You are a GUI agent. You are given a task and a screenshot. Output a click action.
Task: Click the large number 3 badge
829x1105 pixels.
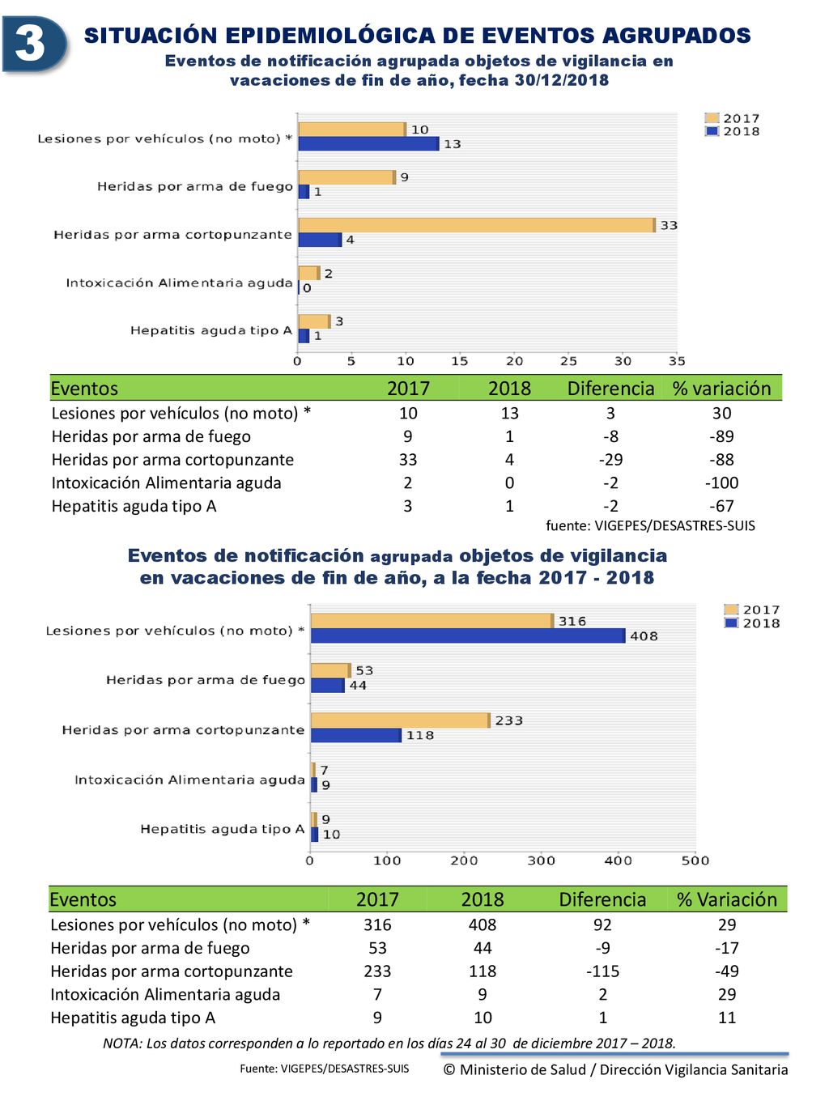[34, 45]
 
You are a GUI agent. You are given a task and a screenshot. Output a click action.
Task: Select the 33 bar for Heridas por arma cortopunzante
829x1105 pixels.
[477, 226]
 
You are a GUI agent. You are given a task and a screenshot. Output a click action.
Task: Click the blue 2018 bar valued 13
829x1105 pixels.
[368, 144]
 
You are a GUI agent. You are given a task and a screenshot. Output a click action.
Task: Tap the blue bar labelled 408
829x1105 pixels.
[468, 635]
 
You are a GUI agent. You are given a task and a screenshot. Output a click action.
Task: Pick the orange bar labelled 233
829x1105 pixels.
[401, 720]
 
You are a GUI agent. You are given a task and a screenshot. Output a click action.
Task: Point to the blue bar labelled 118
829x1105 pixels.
[356, 736]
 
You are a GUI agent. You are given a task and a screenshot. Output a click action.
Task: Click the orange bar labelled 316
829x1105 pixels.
[432, 621]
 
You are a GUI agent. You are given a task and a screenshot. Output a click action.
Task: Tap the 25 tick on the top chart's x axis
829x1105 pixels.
[568, 361]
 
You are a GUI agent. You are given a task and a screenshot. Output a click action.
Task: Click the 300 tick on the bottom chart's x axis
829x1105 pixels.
[541, 861]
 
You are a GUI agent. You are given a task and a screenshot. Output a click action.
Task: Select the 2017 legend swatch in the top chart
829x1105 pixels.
[712, 118]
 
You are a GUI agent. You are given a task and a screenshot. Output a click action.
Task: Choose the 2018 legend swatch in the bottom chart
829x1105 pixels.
[731, 623]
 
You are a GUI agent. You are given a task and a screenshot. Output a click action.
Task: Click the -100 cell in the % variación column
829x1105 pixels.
[722, 482]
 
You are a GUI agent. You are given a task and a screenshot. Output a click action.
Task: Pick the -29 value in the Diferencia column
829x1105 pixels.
[610, 460]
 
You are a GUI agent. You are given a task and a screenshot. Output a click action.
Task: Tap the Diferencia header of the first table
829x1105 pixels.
[610, 389]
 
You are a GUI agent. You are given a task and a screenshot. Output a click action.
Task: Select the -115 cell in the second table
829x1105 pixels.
[602, 971]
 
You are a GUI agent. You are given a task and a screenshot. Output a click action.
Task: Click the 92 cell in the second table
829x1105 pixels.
[602, 924]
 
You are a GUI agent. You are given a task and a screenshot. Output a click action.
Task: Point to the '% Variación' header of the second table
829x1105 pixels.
[727, 899]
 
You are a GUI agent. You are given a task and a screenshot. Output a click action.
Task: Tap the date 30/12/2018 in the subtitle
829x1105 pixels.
[562, 80]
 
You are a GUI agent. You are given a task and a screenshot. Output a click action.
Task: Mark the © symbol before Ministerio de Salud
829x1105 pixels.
[449, 1069]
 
